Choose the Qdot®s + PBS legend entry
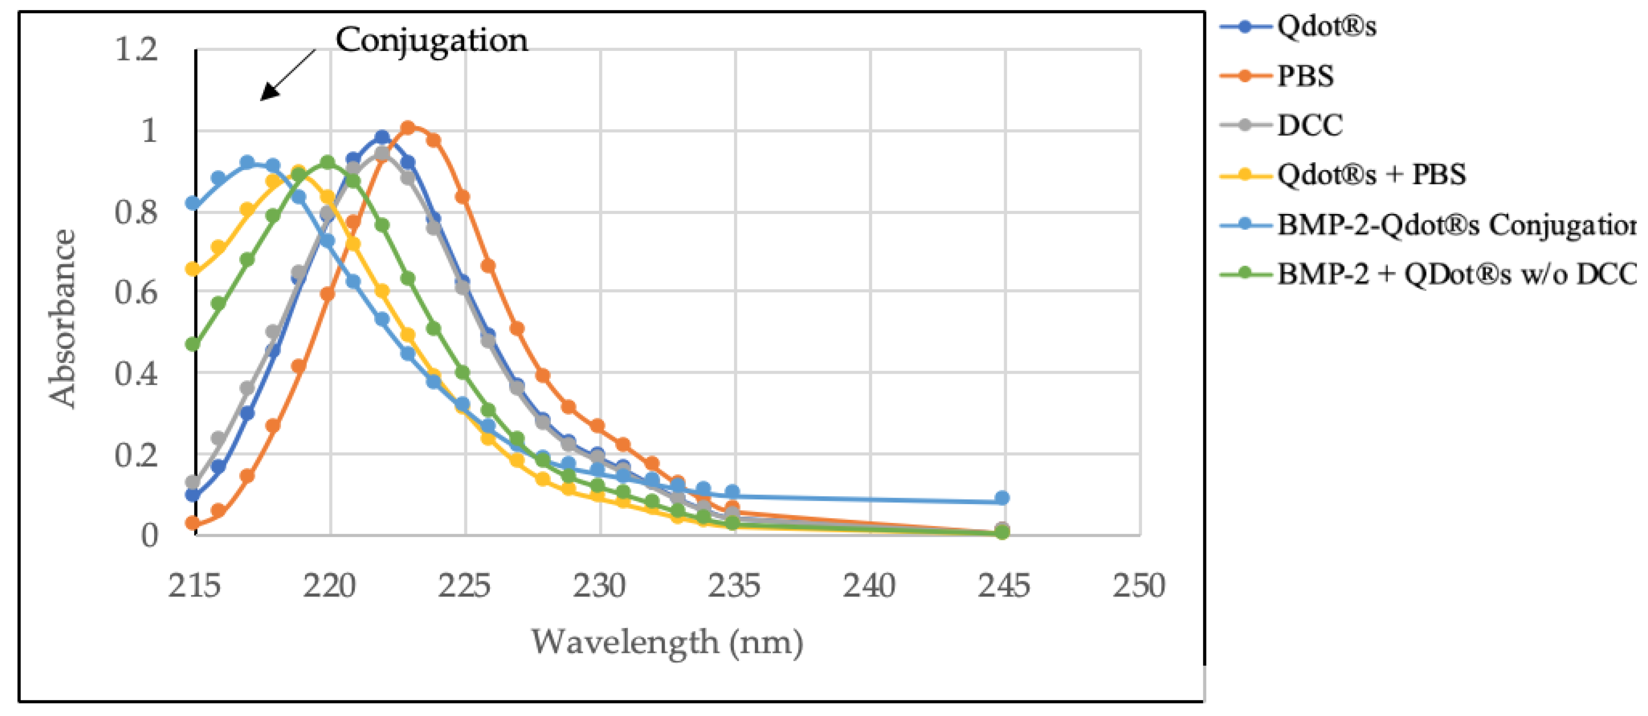(x=1370, y=175)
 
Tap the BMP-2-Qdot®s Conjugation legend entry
(x=1452, y=224)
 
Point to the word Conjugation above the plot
(x=432, y=41)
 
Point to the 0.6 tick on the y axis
(x=136, y=293)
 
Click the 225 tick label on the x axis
(x=465, y=586)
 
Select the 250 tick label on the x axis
(x=1139, y=586)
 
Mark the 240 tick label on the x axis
(x=869, y=586)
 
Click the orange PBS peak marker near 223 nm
(x=408, y=127)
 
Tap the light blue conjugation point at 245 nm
(x=1002, y=498)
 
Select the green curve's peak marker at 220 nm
(x=328, y=162)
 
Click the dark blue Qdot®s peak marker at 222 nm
(x=382, y=137)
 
